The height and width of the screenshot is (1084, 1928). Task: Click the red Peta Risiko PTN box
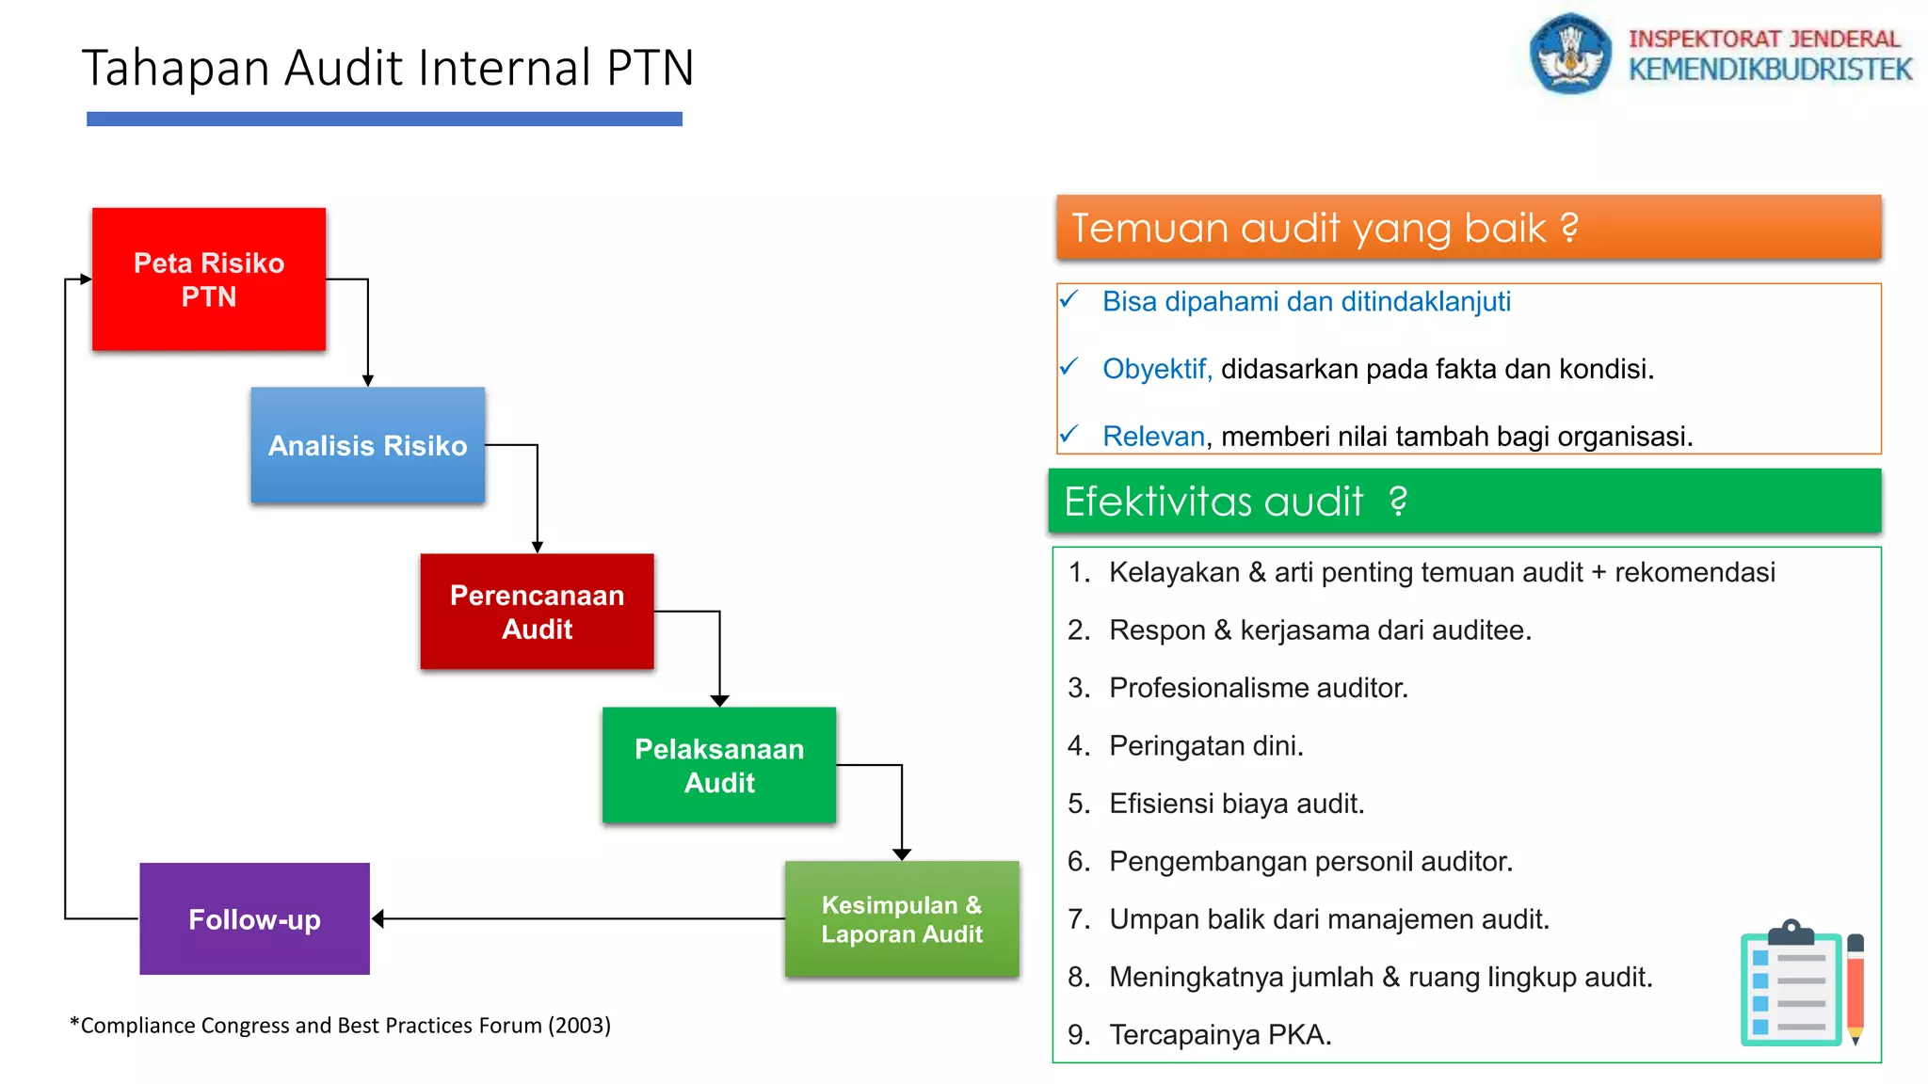(209, 279)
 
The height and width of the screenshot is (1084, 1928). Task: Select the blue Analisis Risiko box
(367, 445)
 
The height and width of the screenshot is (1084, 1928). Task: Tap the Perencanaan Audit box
(537, 612)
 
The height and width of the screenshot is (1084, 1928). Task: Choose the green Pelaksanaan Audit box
(719, 765)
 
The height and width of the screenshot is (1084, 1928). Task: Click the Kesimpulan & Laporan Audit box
(902, 918)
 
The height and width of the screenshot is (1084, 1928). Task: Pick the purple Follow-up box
(254, 918)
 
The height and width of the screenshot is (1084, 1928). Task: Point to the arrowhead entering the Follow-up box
(378, 918)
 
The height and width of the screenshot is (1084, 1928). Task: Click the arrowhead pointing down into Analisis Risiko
(368, 380)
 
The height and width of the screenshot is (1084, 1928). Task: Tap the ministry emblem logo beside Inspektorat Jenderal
(1569, 53)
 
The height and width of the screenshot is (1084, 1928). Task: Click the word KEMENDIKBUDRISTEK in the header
(1770, 70)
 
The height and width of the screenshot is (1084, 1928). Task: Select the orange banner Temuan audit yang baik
(1469, 228)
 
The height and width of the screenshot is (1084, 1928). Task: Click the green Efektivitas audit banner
(1465, 501)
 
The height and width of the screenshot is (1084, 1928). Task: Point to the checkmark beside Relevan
(1068, 435)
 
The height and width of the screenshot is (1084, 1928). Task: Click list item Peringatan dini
(1206, 745)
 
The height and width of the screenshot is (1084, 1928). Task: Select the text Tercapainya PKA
(1220, 1034)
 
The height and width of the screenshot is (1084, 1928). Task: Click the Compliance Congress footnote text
(341, 1025)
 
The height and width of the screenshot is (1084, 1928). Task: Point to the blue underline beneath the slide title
(384, 119)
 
